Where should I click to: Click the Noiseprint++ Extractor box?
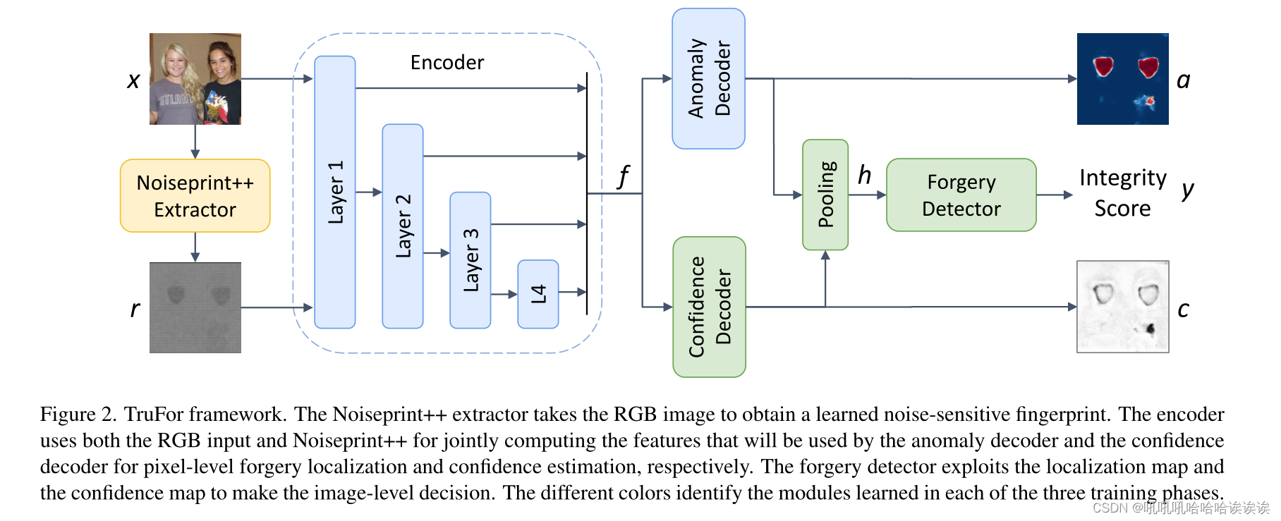[195, 196]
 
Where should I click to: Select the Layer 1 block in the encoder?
[334, 192]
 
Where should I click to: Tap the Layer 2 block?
[402, 226]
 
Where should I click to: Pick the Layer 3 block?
[470, 259]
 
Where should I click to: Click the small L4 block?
[538, 294]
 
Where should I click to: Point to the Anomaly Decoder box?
[708, 78]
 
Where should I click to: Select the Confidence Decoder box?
[709, 307]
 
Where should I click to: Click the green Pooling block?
[825, 195]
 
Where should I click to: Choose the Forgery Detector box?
[961, 195]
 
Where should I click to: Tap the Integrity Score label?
[1122, 192]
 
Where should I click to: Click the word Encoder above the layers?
[447, 63]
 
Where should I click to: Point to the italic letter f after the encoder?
[623, 176]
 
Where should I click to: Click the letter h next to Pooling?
[864, 175]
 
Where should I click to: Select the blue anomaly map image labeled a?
[1122, 79]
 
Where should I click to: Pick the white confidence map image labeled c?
[1122, 307]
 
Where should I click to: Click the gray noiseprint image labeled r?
[195, 307]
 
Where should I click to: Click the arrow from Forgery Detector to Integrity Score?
[1055, 195]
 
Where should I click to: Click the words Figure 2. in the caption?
[78, 415]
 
